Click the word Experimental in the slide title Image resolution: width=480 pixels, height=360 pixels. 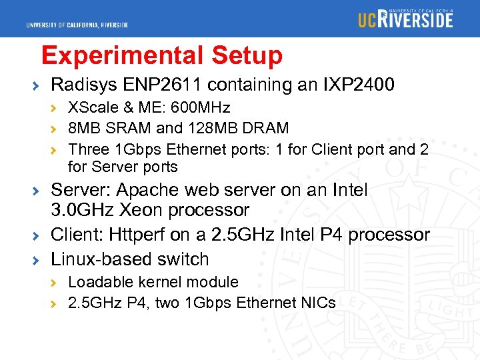coord(122,55)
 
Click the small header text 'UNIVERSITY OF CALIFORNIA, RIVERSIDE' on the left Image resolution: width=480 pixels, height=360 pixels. coord(77,25)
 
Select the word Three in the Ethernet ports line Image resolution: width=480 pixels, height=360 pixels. coord(88,149)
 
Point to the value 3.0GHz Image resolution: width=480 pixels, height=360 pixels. coord(83,210)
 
